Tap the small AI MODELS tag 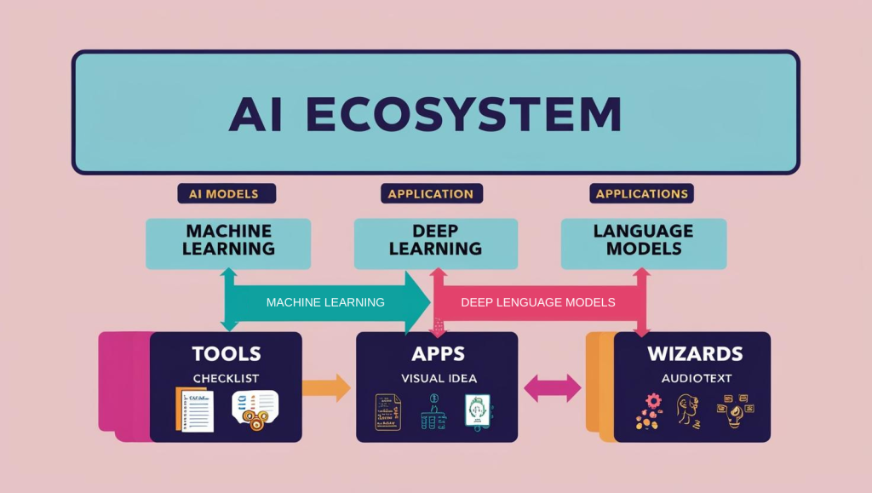click(x=227, y=194)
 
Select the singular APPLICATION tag click(x=431, y=194)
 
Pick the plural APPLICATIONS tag click(x=641, y=194)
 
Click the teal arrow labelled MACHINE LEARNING click(x=325, y=302)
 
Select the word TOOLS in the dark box click(x=226, y=353)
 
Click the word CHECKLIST click(x=226, y=377)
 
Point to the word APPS click(x=437, y=353)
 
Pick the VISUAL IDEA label click(x=437, y=377)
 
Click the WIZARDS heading click(x=695, y=353)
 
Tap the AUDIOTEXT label click(x=695, y=377)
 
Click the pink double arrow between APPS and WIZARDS click(x=552, y=389)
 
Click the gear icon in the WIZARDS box click(x=653, y=400)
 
